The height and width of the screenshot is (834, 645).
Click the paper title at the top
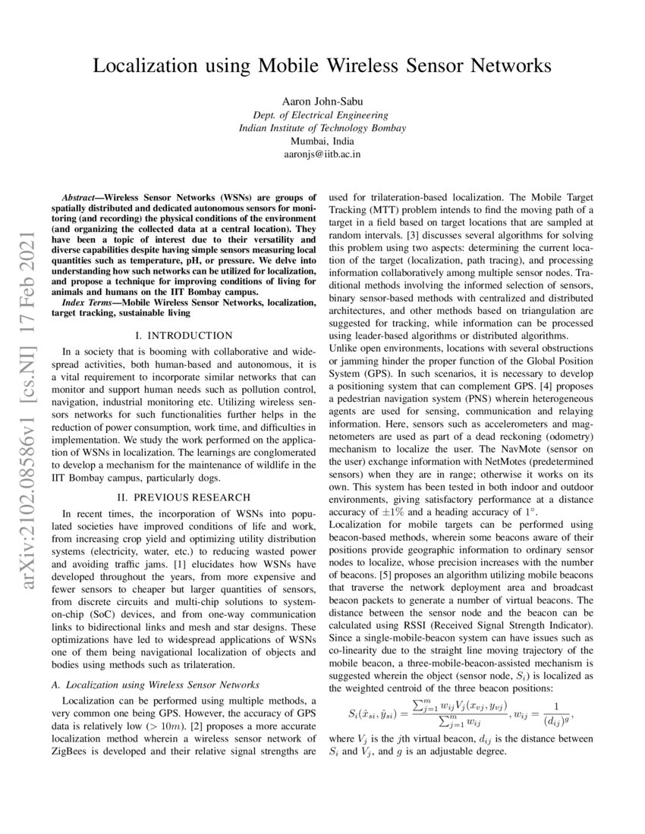pos(322,66)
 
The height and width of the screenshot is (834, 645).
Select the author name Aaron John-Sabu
pos(322,102)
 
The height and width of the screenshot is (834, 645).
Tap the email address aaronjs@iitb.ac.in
pos(322,154)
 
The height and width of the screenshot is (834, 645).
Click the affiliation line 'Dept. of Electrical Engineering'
pos(322,115)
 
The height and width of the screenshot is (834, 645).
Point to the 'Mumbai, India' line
pos(322,141)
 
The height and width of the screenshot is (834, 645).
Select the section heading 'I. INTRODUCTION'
pos(184,335)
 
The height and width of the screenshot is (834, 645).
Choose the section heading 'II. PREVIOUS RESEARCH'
pos(184,497)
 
